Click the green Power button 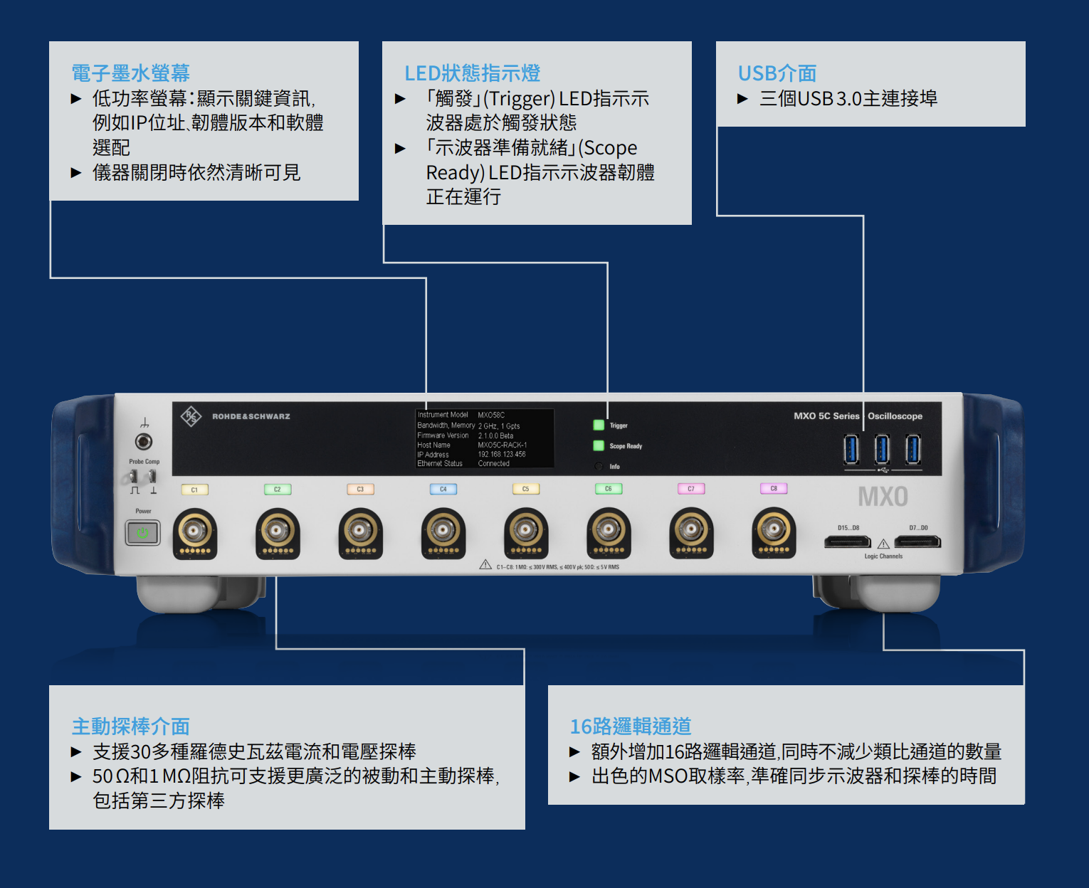(x=142, y=532)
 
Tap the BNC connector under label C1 (x=194, y=530)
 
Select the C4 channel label (x=443, y=489)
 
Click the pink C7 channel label (x=690, y=489)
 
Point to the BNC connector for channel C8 (x=773, y=529)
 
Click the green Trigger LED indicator (x=599, y=425)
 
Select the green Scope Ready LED (x=599, y=446)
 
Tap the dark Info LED (x=599, y=467)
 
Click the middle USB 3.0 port (x=882, y=450)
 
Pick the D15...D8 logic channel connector (x=847, y=542)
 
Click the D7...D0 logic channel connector (x=917, y=542)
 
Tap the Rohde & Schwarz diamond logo (x=191, y=416)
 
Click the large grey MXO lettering (x=883, y=497)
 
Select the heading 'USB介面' (x=777, y=73)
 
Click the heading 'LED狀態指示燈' (x=472, y=73)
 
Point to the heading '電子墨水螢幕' (x=130, y=73)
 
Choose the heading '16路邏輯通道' (x=630, y=726)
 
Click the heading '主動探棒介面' (x=130, y=726)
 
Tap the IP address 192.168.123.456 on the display (x=502, y=454)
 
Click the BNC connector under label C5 (x=525, y=530)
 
